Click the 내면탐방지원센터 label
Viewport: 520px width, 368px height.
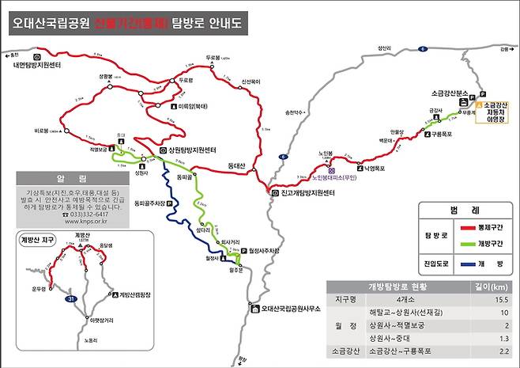(x=38, y=66)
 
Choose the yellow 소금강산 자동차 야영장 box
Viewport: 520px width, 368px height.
(x=494, y=114)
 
